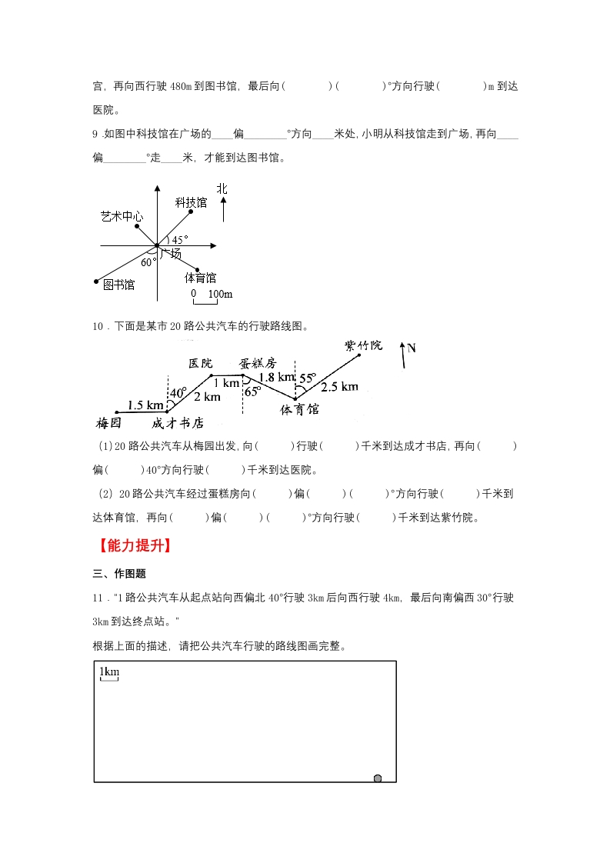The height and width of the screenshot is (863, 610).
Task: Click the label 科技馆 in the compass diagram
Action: pos(191,202)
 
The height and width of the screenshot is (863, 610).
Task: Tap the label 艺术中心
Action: pos(122,216)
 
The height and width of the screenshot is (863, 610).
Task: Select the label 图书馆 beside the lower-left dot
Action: pos(118,285)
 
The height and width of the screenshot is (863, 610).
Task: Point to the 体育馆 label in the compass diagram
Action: pos(200,277)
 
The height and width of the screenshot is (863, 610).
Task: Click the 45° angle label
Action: pos(179,240)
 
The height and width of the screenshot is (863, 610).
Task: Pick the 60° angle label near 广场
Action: pos(148,261)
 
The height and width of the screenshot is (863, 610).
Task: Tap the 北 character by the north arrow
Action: pos(222,188)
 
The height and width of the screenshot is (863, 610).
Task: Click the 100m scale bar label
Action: pos(221,294)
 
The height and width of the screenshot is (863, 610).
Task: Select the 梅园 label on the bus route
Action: pos(110,422)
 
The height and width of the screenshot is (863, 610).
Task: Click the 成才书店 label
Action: pos(178,422)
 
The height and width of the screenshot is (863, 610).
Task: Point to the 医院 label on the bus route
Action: pos(200,362)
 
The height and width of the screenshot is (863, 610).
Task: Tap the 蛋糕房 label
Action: pos(257,362)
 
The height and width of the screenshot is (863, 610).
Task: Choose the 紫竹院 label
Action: pos(363,345)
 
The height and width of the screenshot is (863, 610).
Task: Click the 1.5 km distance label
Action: pos(145,405)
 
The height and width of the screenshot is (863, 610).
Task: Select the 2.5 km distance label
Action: pos(339,386)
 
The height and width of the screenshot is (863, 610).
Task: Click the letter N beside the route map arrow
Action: pos(412,348)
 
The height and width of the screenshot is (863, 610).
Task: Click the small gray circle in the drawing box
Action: pos(377,778)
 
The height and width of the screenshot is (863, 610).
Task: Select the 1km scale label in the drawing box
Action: pos(109,672)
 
